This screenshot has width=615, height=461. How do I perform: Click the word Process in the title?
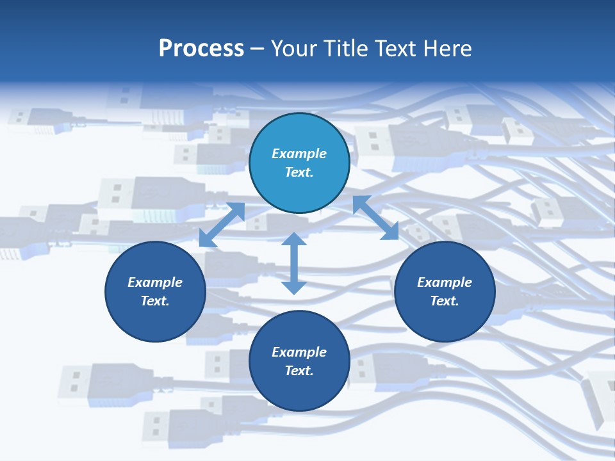pyautogui.click(x=201, y=49)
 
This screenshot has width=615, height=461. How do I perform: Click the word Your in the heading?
pyautogui.click(x=295, y=49)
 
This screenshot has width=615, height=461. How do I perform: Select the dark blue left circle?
pyautogui.click(x=155, y=320)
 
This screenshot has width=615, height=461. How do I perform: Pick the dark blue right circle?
pyautogui.click(x=445, y=320)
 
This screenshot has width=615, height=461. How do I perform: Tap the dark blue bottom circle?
pyautogui.click(x=299, y=391)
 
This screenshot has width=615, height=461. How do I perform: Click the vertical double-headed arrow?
pyautogui.click(x=294, y=264)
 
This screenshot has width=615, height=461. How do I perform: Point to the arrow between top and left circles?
pyautogui.click(x=222, y=225)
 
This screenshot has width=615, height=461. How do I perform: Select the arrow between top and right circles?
pyautogui.click(x=375, y=218)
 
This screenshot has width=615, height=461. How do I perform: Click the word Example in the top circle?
pyautogui.click(x=299, y=154)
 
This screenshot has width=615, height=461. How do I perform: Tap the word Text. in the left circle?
pyautogui.click(x=155, y=301)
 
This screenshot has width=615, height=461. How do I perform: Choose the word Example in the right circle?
pyautogui.click(x=445, y=282)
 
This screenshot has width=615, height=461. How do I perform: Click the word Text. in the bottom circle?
pyautogui.click(x=299, y=371)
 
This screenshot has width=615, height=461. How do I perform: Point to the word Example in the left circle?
pyautogui.click(x=155, y=282)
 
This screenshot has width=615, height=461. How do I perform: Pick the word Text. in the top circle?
pyautogui.click(x=299, y=172)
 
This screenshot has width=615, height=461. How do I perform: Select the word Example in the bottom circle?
pyautogui.click(x=299, y=352)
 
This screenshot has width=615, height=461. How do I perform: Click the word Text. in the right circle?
pyautogui.click(x=445, y=301)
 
